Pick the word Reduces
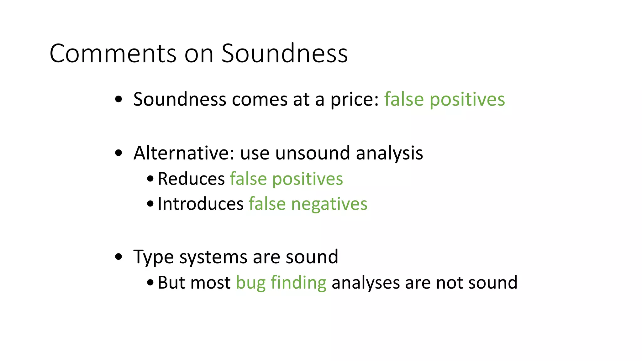(191, 179)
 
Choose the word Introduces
(201, 204)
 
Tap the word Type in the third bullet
(153, 258)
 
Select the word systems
(213, 258)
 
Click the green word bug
(250, 283)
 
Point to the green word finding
(298, 283)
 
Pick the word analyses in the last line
(366, 283)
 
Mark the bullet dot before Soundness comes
(118, 100)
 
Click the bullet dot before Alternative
(118, 154)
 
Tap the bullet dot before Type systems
(118, 257)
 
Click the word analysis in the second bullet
(389, 154)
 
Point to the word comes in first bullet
(260, 100)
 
